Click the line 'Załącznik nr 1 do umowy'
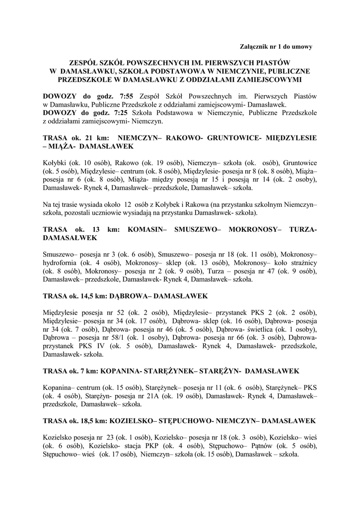[x=276, y=47]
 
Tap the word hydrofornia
[x=62, y=263]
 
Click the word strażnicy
[x=300, y=263]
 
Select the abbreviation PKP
[x=141, y=445]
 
